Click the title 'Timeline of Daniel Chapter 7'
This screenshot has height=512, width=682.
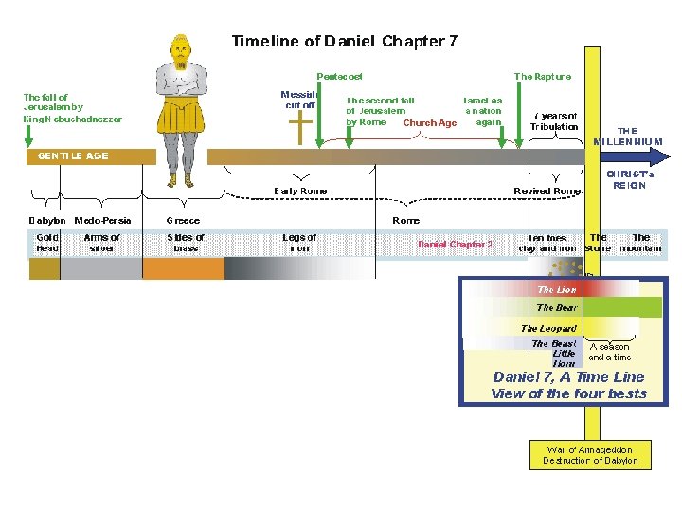345,42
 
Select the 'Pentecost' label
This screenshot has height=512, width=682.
339,76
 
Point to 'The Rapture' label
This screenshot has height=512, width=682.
543,76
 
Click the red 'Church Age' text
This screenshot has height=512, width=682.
430,122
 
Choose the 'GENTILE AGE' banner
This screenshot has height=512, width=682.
73,155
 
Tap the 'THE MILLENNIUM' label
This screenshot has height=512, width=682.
628,136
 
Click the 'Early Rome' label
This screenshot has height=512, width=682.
300,191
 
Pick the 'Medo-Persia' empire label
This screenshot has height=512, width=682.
102,221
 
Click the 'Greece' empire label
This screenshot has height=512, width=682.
183,221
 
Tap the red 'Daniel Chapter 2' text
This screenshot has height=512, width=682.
455,244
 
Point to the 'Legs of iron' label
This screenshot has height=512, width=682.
300,243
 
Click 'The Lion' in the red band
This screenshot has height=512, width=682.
557,289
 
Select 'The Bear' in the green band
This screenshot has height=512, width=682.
556,308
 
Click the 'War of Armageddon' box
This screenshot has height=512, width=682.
590,454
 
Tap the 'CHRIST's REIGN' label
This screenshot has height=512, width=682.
626,179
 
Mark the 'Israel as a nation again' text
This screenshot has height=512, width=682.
482,110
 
